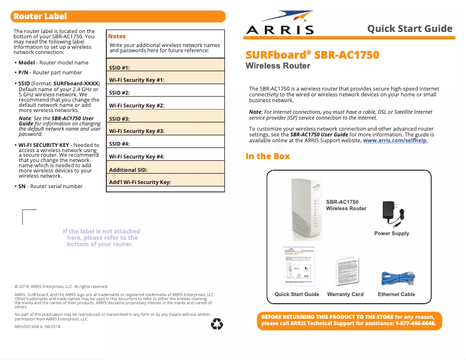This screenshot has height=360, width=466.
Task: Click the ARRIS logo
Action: [x=280, y=24]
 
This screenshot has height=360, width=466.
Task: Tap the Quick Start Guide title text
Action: [x=410, y=28]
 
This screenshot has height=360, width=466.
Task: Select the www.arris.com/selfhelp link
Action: [x=395, y=141]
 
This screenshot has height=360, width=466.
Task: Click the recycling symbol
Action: [x=217, y=324]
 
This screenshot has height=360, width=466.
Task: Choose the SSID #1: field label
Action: [x=119, y=68]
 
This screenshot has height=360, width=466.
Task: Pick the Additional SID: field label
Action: [x=128, y=170]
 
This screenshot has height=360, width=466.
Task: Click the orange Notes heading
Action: [x=117, y=36]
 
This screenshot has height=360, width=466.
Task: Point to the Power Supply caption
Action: [x=392, y=233]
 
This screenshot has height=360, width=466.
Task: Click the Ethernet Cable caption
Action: [x=396, y=294]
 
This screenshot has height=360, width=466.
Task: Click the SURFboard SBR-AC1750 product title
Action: [x=312, y=55]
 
